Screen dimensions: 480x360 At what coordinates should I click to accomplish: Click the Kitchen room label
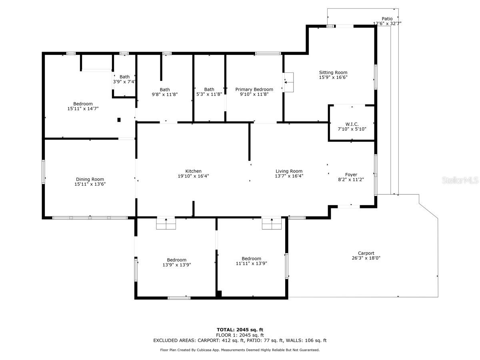point(193,171)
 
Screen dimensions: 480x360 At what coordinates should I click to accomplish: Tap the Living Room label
point(289,171)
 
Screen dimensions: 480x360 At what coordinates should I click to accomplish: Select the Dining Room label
point(90,179)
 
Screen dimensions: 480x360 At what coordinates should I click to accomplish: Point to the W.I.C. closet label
point(352,124)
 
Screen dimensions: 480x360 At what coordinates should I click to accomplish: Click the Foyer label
point(351,175)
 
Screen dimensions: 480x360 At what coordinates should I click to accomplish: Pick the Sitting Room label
point(333,72)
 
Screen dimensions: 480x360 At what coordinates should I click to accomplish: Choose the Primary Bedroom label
point(254,89)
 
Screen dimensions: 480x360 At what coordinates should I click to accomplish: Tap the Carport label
point(366,253)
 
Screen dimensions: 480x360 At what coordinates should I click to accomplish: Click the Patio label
point(387,19)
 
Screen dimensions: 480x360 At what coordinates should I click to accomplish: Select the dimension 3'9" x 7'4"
point(124,82)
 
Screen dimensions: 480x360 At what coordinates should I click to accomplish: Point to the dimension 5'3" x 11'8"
point(209,94)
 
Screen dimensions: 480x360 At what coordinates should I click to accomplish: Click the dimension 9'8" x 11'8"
point(165,94)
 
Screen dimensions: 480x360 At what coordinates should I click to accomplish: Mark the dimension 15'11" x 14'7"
point(83,109)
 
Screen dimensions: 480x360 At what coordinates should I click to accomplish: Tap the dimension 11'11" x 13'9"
point(251,263)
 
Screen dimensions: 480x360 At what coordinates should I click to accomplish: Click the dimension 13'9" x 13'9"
point(176,265)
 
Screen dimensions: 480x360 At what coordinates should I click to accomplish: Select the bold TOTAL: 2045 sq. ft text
point(240,330)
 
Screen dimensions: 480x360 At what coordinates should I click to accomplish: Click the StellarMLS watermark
point(460,180)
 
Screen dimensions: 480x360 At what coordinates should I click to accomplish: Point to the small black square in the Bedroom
point(119,120)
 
